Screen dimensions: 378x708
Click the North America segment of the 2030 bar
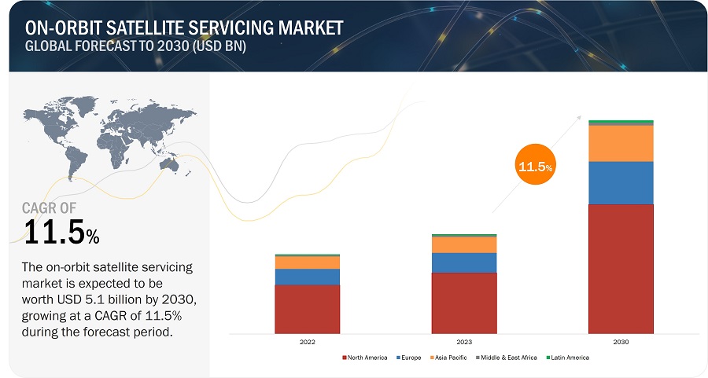click(621, 267)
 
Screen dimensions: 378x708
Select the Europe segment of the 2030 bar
click(621, 182)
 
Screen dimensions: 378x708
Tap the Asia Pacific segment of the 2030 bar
click(621, 143)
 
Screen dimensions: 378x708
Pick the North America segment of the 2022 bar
click(307, 308)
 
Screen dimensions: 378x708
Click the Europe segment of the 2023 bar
click(463, 262)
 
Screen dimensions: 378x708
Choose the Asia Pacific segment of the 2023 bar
click(463, 244)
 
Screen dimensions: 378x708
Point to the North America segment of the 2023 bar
click(463, 302)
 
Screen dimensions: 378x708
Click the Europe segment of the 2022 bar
click(307, 277)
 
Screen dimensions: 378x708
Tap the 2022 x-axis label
click(307, 342)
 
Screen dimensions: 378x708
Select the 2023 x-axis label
click(463, 342)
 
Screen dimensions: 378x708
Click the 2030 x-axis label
click(621, 342)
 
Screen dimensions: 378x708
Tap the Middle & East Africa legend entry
click(507, 358)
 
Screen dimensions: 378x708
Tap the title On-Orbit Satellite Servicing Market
click(184, 28)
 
